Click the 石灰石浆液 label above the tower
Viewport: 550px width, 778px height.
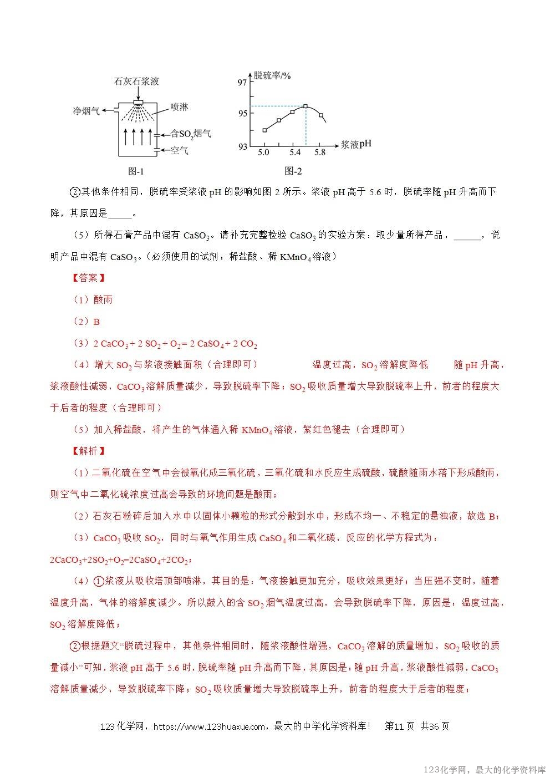click(136, 82)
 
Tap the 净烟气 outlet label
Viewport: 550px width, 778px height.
click(86, 111)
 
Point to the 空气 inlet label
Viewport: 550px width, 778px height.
click(179, 150)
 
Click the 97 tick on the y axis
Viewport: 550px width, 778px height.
click(242, 83)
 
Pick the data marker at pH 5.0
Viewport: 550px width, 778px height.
click(264, 130)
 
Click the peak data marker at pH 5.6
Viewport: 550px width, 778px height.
click(305, 106)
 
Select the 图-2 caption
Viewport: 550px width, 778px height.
click(293, 171)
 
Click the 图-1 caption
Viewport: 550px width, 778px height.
click(135, 171)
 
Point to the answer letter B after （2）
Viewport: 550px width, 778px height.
click(96, 322)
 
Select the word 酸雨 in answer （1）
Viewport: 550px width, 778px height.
click(103, 299)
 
